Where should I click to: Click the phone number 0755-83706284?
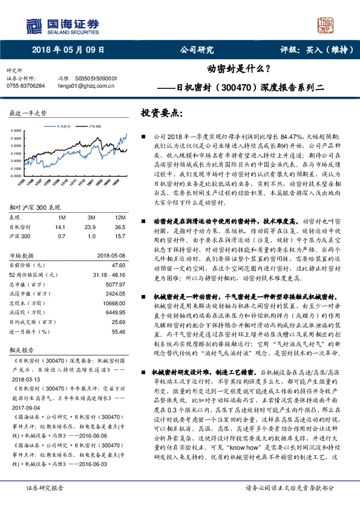(x=25, y=86)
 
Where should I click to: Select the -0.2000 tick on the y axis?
(x=16, y=175)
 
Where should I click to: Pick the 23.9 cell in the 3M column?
(x=92, y=227)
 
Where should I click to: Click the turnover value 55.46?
(x=118, y=331)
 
